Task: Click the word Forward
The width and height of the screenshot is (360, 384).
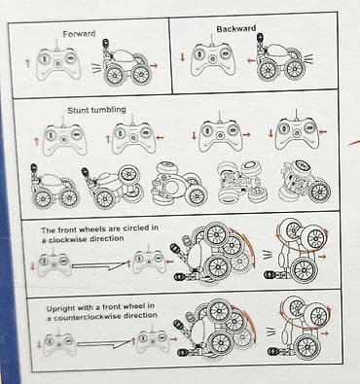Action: click(x=79, y=34)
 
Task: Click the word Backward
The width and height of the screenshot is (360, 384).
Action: click(x=236, y=29)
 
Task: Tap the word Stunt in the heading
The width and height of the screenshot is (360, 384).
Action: click(x=78, y=111)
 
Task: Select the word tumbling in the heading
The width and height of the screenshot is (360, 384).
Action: click(x=108, y=110)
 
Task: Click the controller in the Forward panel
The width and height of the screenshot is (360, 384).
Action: click(x=58, y=63)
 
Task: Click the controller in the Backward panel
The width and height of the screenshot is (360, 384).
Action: click(x=212, y=59)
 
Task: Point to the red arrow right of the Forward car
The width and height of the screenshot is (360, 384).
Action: click(x=154, y=66)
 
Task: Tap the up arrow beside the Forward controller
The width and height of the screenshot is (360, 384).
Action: click(x=28, y=63)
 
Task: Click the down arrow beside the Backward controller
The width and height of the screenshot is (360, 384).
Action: click(x=183, y=57)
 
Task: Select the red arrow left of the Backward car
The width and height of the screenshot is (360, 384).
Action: click(x=251, y=60)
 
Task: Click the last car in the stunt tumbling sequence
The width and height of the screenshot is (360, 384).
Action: click(x=305, y=182)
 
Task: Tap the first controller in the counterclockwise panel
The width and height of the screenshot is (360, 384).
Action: click(x=59, y=344)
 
